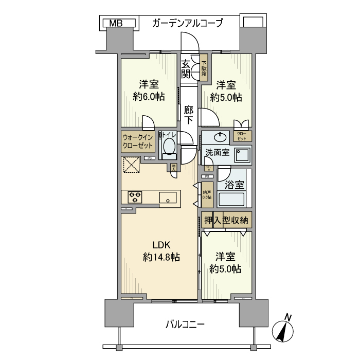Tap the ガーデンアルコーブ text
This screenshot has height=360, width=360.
tap(187, 23)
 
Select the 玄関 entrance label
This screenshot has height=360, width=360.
tap(185, 68)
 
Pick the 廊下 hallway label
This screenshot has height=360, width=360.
tap(189, 114)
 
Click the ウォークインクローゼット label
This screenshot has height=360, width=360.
tap(138, 141)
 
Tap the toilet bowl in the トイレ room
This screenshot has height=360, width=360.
tap(168, 147)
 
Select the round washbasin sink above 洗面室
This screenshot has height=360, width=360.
tap(222, 137)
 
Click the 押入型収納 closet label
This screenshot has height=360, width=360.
tap(226, 220)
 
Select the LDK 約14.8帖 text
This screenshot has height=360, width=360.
tap(160, 251)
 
